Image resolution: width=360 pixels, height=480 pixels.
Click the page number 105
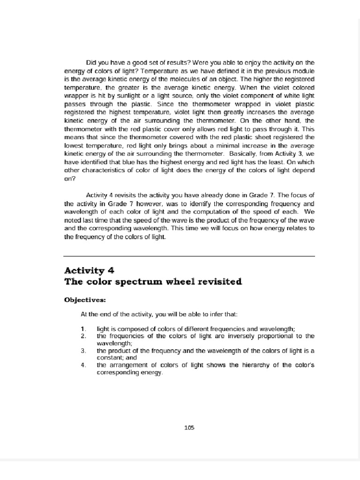(x=189, y=427)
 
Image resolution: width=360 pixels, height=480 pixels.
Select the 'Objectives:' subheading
(x=85, y=300)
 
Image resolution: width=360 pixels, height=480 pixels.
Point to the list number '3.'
(x=83, y=350)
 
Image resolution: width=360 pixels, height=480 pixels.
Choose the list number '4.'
(x=83, y=365)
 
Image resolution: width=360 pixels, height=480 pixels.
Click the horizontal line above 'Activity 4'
(x=189, y=256)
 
